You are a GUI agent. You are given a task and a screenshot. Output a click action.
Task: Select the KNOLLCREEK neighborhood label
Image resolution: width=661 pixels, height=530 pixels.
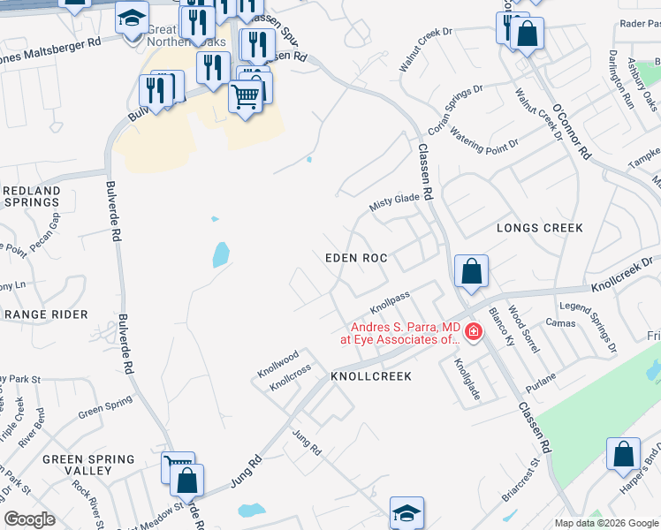click(371, 376)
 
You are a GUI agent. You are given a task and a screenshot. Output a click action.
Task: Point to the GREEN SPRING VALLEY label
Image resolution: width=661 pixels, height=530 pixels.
click(88, 465)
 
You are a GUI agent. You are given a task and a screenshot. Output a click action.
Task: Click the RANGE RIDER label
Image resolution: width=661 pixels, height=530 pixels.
click(46, 314)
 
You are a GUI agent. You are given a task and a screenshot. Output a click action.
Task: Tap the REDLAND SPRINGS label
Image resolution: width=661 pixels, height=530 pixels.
click(31, 196)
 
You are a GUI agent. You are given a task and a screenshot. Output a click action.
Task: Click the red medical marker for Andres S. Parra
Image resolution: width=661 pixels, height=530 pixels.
click(474, 332)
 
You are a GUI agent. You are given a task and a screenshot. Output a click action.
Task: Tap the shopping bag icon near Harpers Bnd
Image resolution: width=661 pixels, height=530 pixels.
click(623, 454)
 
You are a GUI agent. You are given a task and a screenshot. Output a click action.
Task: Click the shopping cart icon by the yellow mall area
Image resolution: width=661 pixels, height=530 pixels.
click(246, 95)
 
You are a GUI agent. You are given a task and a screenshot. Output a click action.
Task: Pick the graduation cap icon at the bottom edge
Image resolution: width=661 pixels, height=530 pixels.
click(406, 512)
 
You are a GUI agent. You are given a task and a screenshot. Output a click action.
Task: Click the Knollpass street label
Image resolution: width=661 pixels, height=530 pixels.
click(390, 303)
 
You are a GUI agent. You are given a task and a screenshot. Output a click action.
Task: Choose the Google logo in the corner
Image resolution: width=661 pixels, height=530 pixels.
click(30, 520)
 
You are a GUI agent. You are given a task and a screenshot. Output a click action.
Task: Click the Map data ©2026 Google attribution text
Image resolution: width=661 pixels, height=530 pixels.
click(606, 523)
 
